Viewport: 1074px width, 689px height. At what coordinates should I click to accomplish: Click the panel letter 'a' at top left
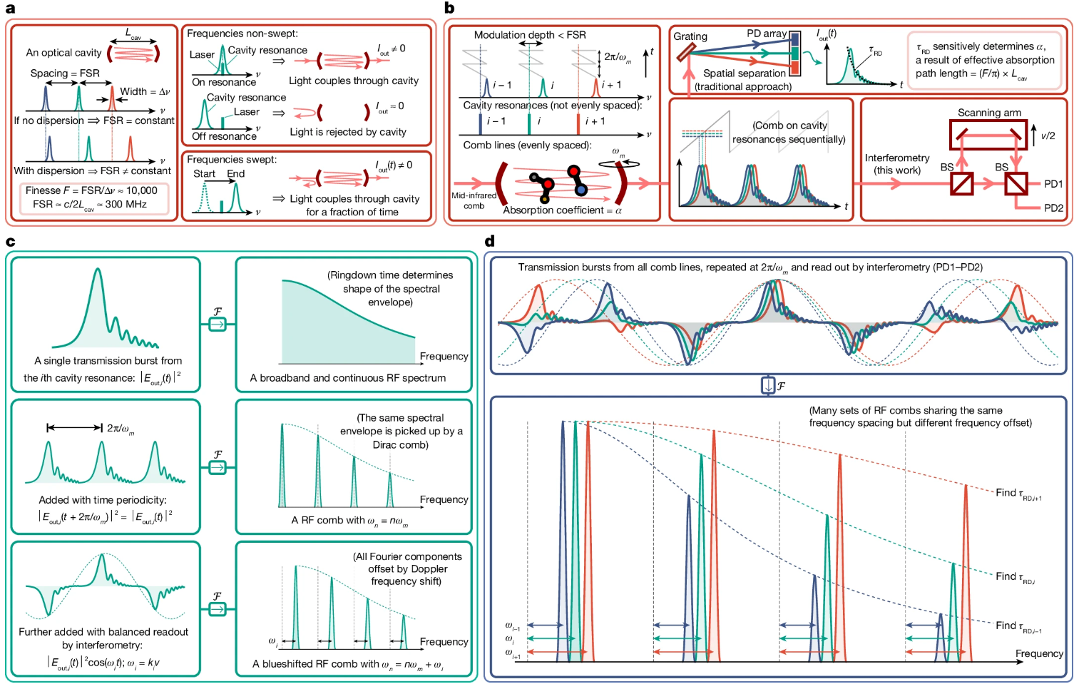click(x=10, y=9)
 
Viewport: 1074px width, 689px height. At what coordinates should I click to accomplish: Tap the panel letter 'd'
click(x=489, y=241)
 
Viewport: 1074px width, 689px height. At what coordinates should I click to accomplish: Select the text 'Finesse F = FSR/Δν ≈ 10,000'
click(x=91, y=190)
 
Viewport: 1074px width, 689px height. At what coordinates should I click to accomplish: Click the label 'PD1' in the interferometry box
click(x=1053, y=184)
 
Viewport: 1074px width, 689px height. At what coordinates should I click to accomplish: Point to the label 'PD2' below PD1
click(x=1053, y=208)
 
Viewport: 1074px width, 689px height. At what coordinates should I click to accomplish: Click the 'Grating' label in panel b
click(x=690, y=36)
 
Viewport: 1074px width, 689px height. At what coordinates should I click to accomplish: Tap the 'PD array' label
click(x=767, y=34)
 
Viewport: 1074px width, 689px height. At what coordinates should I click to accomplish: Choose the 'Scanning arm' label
click(x=989, y=113)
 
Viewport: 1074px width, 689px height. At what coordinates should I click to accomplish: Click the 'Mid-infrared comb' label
click(x=474, y=200)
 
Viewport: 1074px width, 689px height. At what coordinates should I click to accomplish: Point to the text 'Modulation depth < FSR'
click(x=530, y=35)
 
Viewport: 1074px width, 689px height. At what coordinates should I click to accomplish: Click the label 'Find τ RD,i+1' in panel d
click(x=1018, y=494)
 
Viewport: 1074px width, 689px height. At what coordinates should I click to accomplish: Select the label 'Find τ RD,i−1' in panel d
click(x=1018, y=626)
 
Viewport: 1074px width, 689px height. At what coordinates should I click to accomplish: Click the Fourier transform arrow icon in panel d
click(x=768, y=386)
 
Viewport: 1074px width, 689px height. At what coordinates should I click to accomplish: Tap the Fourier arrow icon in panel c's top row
click(x=218, y=325)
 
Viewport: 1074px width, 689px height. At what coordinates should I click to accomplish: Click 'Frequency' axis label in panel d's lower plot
click(x=1039, y=653)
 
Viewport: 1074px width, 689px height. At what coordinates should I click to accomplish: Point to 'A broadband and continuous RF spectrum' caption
click(x=348, y=378)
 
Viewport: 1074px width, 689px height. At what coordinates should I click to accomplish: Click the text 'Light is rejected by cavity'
click(x=348, y=132)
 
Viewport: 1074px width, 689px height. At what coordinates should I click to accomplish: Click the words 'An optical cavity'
click(x=63, y=53)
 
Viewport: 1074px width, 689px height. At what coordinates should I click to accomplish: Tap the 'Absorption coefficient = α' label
click(x=562, y=210)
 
